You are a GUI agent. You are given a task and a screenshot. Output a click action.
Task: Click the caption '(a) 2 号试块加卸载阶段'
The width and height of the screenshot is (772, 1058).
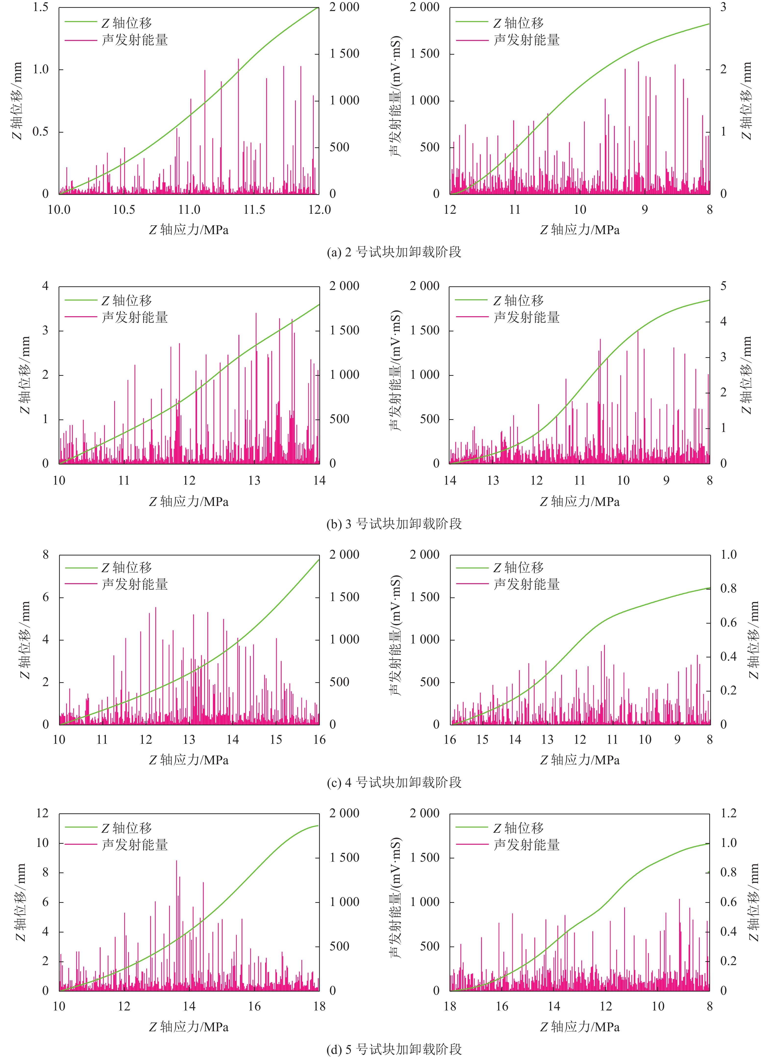(x=394, y=252)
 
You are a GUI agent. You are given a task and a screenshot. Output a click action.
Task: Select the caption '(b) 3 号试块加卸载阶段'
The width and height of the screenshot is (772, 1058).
(x=394, y=524)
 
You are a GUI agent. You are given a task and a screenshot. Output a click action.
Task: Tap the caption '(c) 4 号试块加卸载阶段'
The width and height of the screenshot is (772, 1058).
(x=394, y=782)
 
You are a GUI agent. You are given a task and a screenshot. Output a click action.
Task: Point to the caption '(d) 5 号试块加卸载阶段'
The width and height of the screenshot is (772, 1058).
(x=394, y=1049)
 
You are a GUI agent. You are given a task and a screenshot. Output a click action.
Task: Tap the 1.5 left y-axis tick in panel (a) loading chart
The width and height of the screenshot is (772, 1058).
(x=41, y=8)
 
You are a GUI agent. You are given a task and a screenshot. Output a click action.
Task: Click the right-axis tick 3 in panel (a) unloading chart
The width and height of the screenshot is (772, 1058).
(x=723, y=8)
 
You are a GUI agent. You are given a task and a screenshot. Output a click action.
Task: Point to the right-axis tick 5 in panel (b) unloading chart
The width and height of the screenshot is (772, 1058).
(x=723, y=286)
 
